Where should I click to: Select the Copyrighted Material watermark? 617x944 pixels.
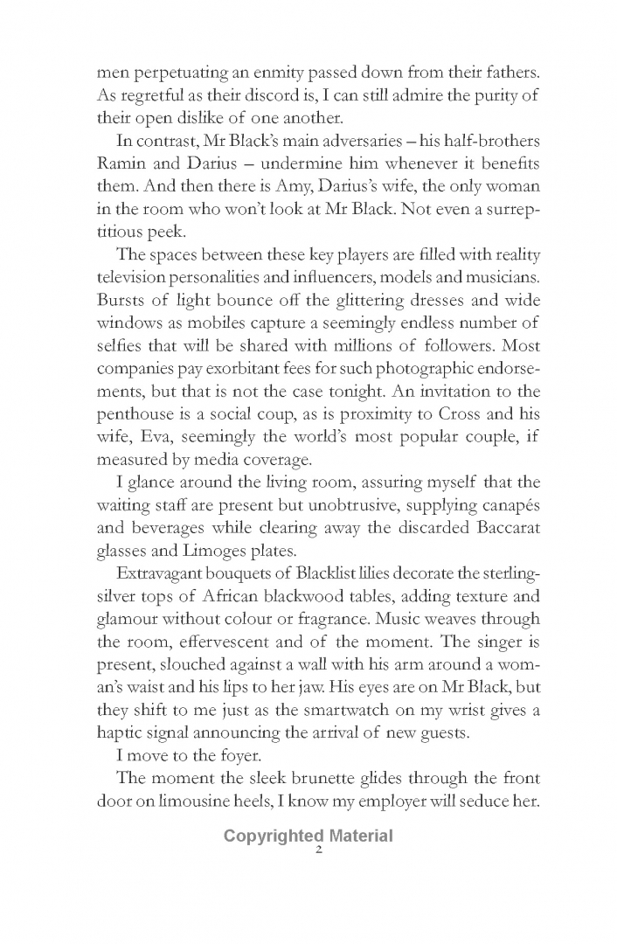(x=308, y=836)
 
